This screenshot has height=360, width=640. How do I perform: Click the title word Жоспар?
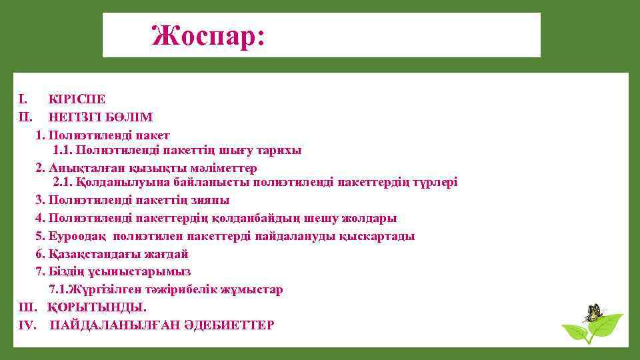coord(209,35)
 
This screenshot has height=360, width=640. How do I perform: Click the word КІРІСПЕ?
coord(77,99)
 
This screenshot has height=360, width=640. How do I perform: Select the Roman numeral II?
coord(24,117)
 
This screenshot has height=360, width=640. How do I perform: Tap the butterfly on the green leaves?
coord(592,312)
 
